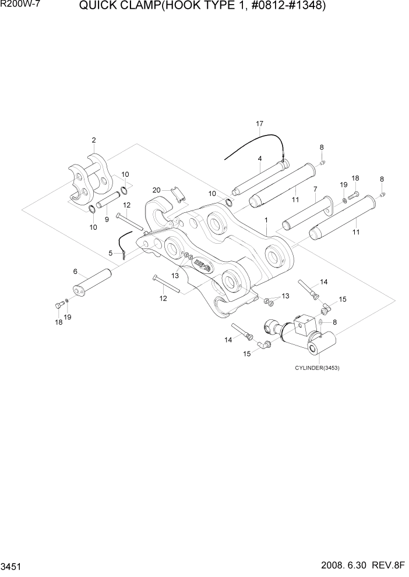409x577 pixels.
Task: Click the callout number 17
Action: click(260, 123)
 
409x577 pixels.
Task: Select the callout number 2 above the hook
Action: click(93, 140)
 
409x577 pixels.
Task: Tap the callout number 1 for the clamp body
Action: click(266, 220)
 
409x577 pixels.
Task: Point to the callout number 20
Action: click(156, 190)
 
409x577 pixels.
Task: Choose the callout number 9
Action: click(75, 272)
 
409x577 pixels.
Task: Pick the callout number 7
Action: click(315, 189)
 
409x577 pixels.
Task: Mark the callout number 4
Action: click(260, 158)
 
